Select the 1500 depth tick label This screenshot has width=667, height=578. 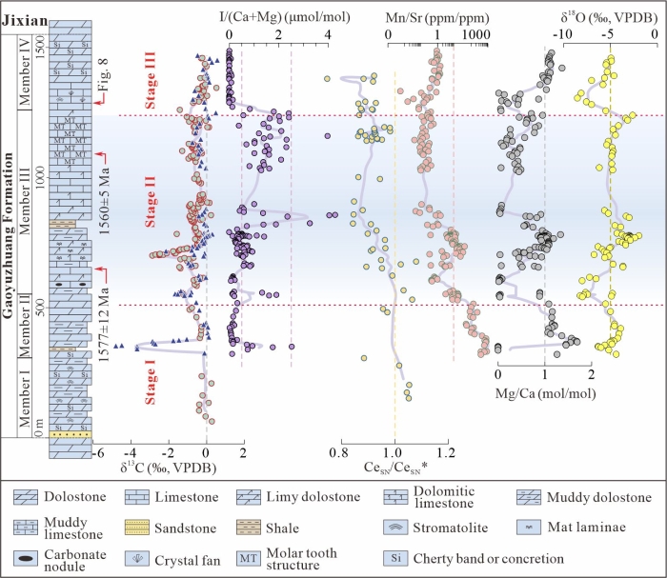tap(40, 46)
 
